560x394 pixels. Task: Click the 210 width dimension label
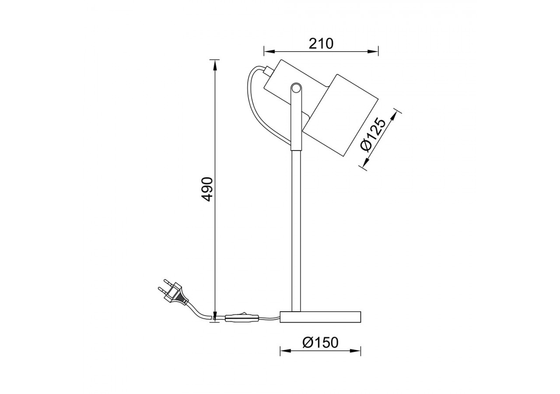pyautogui.click(x=321, y=43)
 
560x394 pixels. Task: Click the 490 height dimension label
pyautogui.click(x=207, y=189)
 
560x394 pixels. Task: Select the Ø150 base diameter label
pyautogui.click(x=320, y=342)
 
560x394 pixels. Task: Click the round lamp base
pyautogui.click(x=320, y=317)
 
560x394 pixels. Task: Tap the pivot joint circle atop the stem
pyautogui.click(x=296, y=88)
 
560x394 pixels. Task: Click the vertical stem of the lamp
pyautogui.click(x=296, y=228)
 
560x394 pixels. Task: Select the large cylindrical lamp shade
pyautogui.click(x=341, y=115)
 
